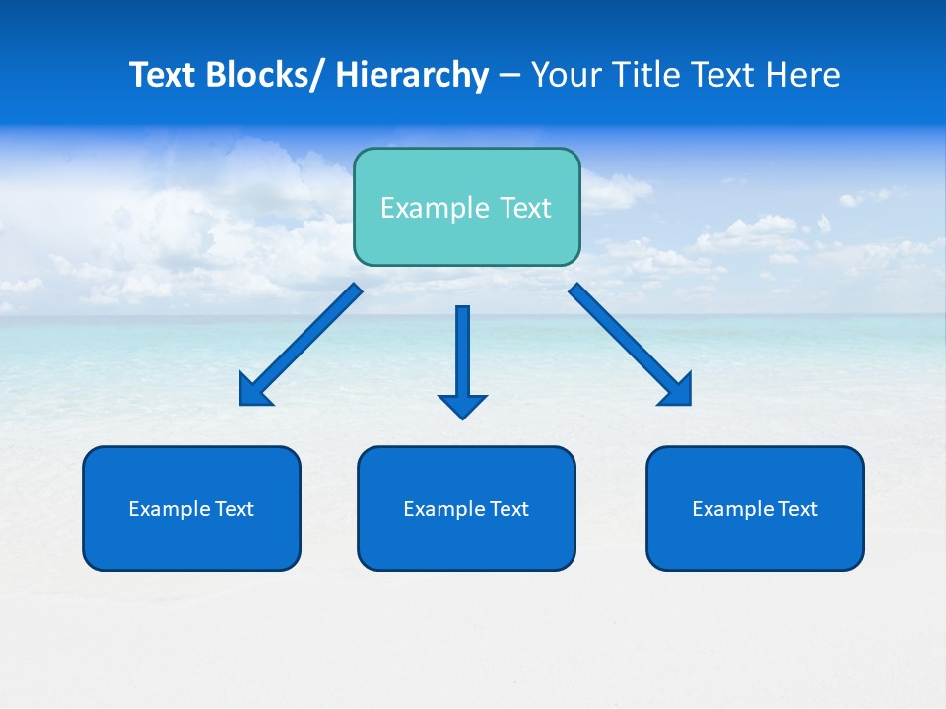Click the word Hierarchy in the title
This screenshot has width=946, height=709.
412,75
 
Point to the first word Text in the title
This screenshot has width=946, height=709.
162,75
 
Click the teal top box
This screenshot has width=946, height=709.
466,207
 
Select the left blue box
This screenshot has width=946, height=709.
191,508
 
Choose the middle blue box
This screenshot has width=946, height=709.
466,508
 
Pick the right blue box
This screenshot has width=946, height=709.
755,508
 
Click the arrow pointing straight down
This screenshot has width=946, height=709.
462,354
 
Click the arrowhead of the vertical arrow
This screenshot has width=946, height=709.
462,405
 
